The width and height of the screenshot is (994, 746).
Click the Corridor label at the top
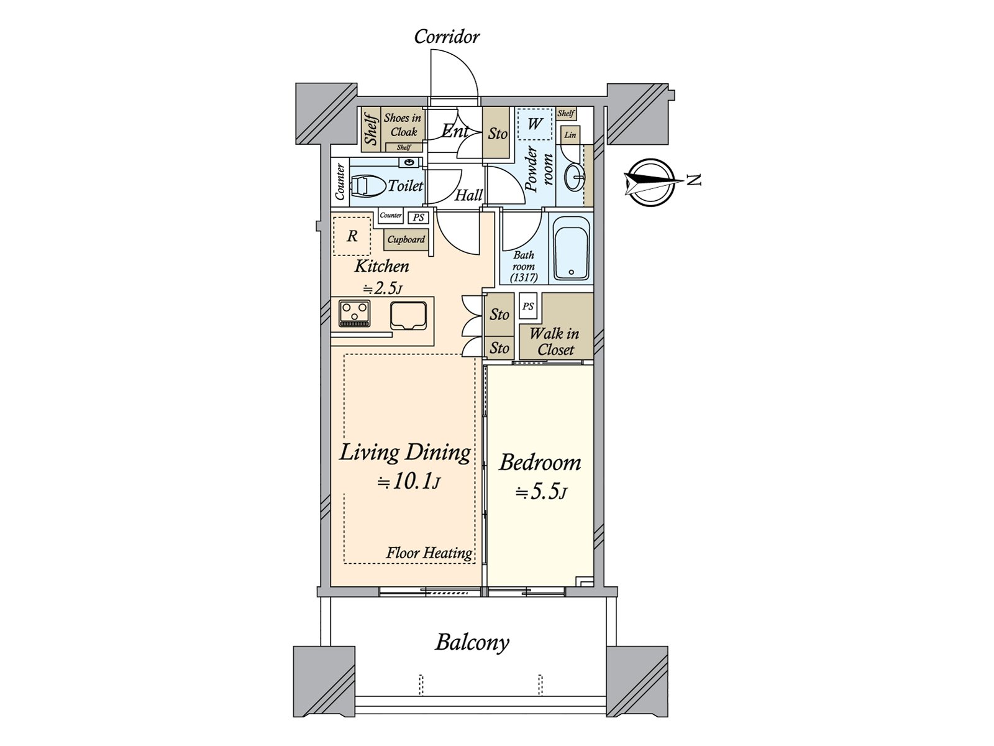(447, 37)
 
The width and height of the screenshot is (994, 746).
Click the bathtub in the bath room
(571, 248)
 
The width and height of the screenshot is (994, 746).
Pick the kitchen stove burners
(355, 313)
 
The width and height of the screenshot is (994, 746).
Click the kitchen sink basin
(408, 316)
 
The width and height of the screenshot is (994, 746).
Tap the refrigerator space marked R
(352, 236)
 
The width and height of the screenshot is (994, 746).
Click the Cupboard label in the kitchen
(406, 239)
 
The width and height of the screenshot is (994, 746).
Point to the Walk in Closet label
(555, 341)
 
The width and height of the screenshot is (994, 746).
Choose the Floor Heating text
(429, 553)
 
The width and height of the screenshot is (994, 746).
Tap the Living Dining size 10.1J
(409, 482)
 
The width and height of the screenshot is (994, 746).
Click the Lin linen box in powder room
(570, 135)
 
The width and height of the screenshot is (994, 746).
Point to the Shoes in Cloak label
(403, 125)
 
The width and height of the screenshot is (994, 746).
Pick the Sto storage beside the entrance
(498, 133)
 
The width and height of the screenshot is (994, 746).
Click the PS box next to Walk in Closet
(528, 306)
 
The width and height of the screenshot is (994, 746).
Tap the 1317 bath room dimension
(524, 278)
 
